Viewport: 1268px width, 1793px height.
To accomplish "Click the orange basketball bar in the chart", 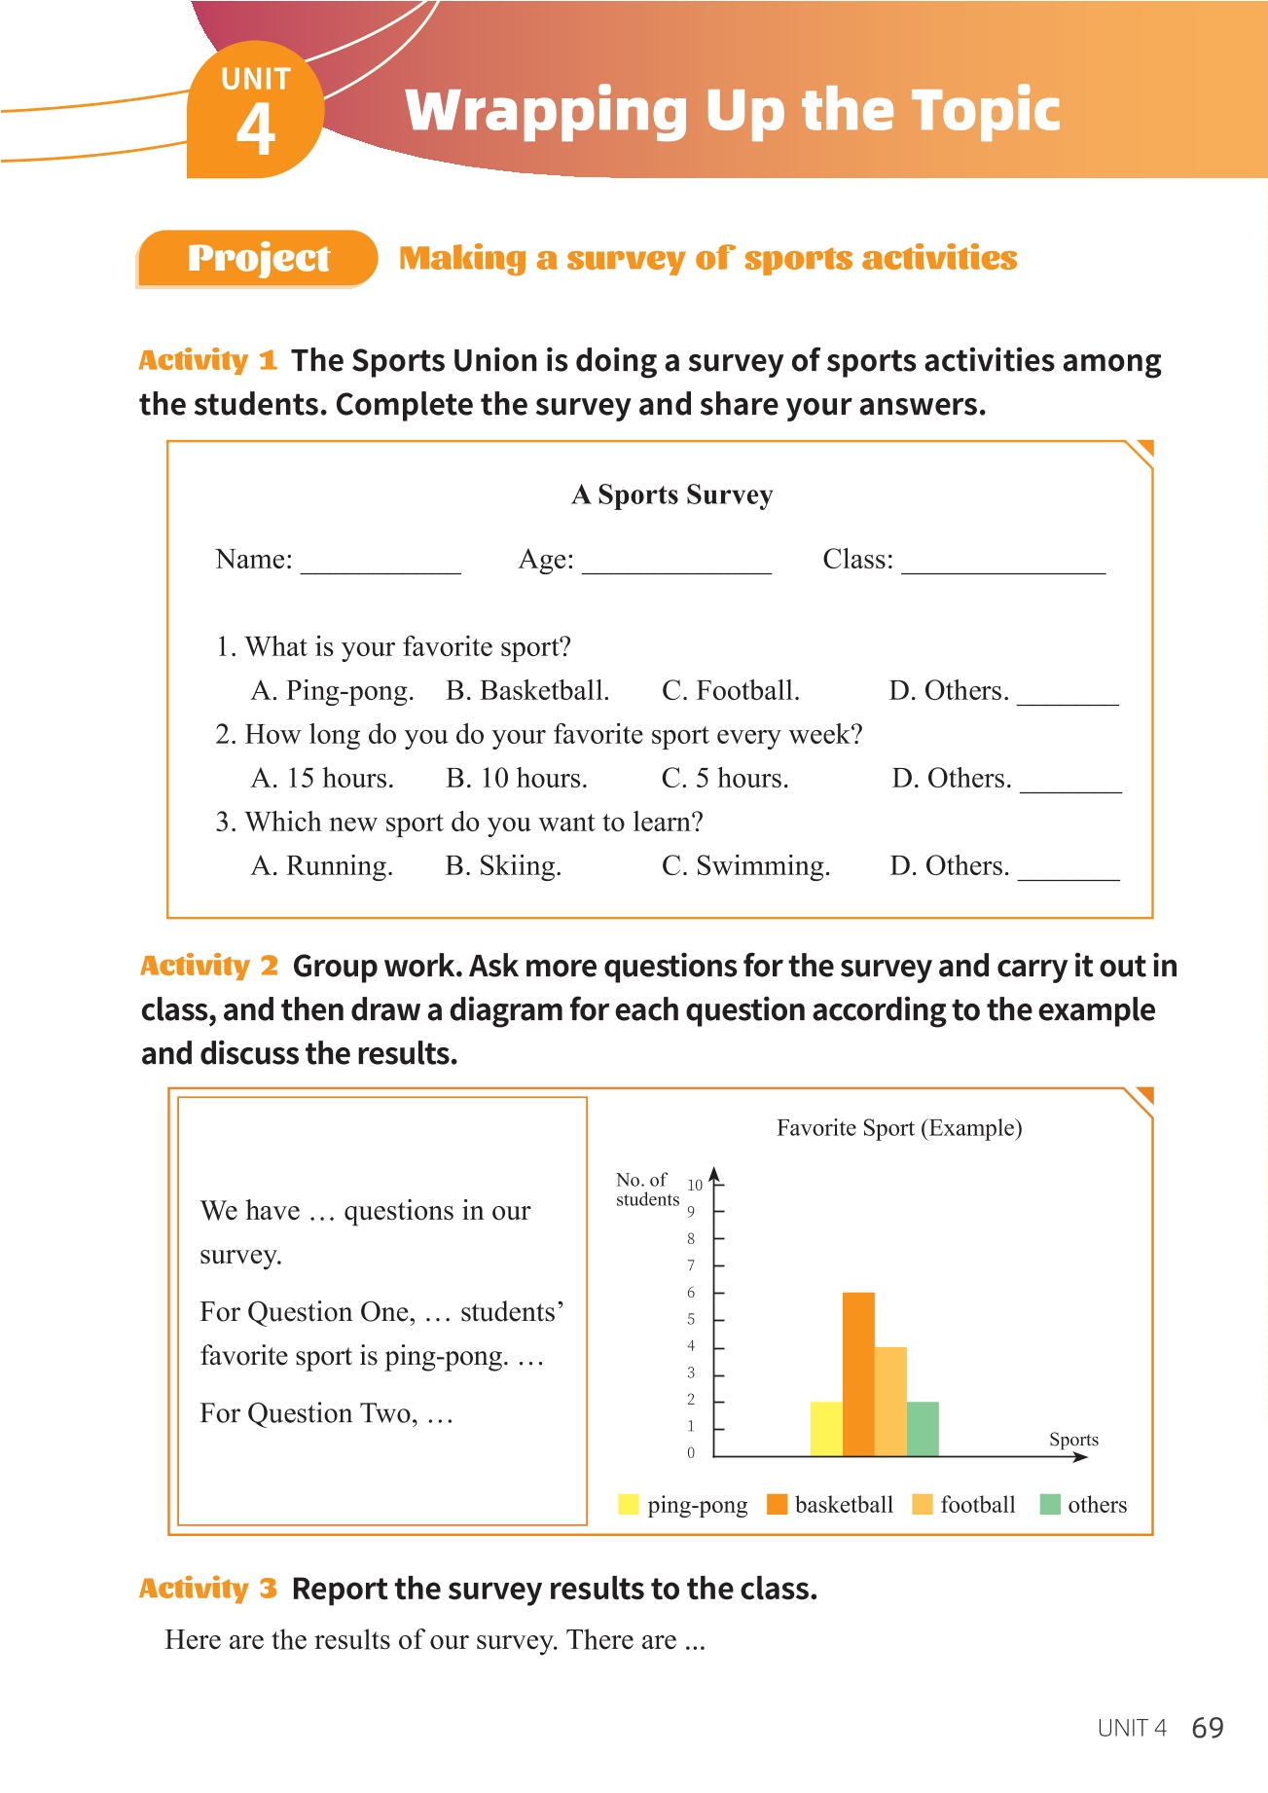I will [858, 1373].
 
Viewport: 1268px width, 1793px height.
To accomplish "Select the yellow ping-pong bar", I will [826, 1428].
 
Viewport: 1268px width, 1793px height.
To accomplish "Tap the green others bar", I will [923, 1428].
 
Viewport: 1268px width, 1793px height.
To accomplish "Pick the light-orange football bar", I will [890, 1401].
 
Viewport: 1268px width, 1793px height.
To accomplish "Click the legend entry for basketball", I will [830, 1505].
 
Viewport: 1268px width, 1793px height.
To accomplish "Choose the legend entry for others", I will [1083, 1505].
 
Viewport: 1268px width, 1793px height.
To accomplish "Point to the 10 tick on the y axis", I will [695, 1185].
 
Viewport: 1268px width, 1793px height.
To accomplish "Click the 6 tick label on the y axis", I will [691, 1293].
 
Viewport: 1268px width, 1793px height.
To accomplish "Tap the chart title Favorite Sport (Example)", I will [898, 1128].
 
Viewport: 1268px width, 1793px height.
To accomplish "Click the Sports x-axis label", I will [1073, 1440].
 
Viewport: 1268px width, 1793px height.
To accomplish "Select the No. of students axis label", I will [646, 1189].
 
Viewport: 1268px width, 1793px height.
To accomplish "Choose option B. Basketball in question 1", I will [527, 691].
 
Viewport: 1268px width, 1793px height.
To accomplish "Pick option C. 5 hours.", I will [725, 779].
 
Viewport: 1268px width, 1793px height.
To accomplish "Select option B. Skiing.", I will [503, 866].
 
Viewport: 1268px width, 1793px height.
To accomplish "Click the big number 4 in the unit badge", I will [256, 129].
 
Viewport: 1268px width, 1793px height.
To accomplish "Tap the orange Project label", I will [258, 258].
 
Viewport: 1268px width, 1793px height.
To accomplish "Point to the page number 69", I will [1208, 1728].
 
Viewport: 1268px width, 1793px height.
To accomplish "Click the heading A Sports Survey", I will [672, 494].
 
